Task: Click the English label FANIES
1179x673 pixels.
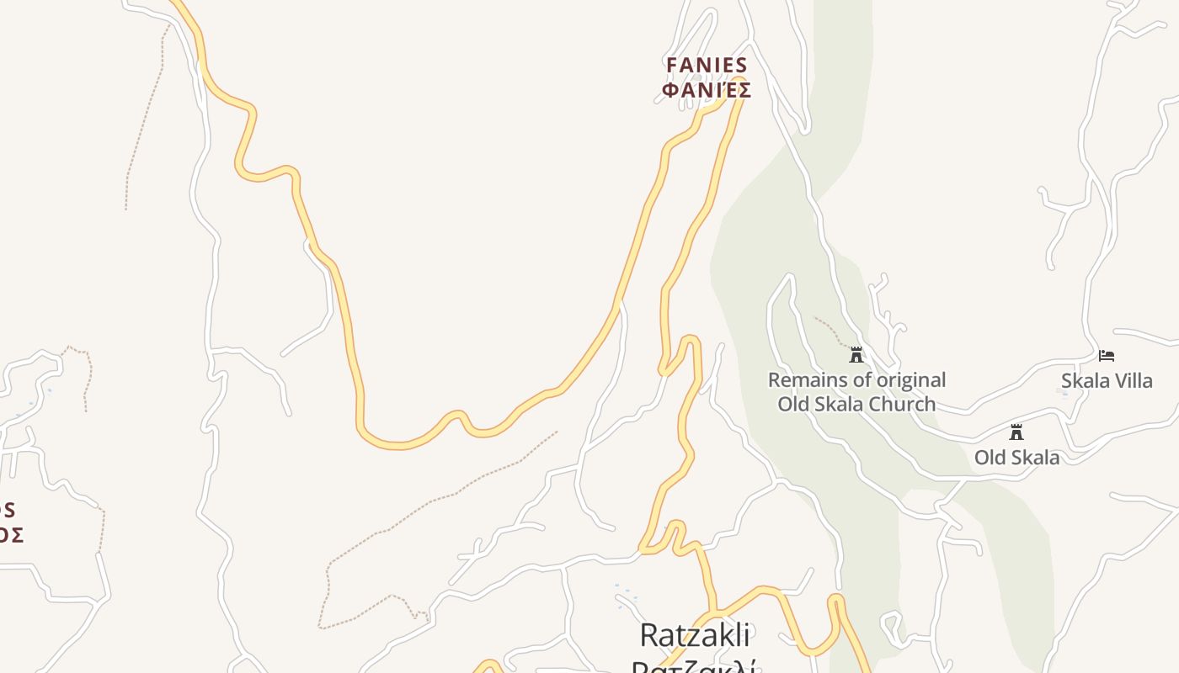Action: coord(707,66)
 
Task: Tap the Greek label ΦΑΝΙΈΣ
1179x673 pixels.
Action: coord(707,90)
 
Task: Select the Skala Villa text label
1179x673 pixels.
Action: coord(1107,380)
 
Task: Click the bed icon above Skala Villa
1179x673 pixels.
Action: coord(1107,356)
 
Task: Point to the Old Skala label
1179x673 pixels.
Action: coord(1016,458)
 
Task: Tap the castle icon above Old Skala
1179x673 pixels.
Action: coord(1016,432)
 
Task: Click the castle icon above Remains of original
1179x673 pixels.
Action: coord(856,355)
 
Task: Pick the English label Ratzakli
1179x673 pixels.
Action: coord(694,635)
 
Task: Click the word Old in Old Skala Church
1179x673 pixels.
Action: coord(792,405)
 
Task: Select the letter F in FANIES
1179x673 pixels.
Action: coord(672,66)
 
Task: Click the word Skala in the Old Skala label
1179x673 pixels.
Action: coord(1034,458)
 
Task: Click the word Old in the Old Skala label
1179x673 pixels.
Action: coord(990,458)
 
